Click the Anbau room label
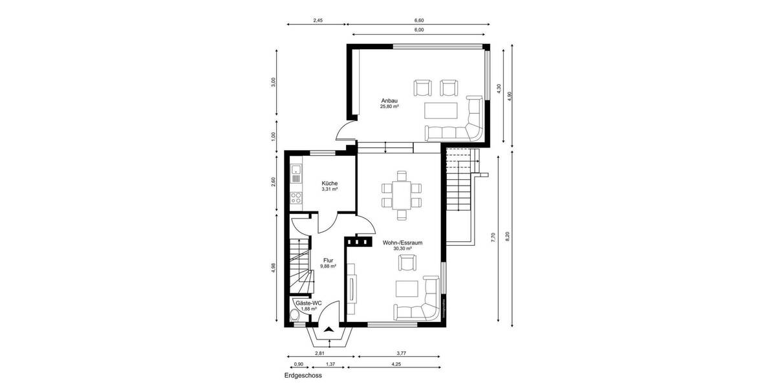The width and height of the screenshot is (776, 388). click(x=389, y=100)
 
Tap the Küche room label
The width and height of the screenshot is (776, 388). click(x=330, y=184)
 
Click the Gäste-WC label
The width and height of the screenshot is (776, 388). click(x=308, y=303)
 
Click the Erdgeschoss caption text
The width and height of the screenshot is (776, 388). click(x=303, y=375)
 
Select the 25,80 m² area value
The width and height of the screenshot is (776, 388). click(x=389, y=107)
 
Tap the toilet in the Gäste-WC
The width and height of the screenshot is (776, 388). click(x=294, y=315)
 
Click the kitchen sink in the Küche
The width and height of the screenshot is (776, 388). click(x=296, y=173)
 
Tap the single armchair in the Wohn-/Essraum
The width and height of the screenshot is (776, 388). click(x=407, y=263)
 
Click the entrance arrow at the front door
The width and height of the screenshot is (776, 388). click(x=329, y=330)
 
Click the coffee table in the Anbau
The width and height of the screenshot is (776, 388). click(x=440, y=109)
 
